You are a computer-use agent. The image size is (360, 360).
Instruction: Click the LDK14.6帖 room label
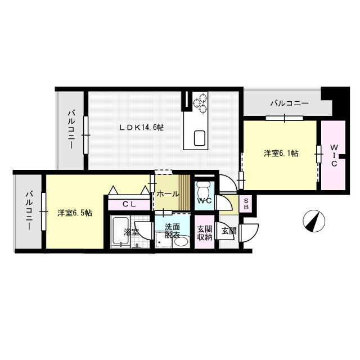[x=142, y=128]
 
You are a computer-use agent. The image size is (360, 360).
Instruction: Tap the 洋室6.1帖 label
[x=281, y=154]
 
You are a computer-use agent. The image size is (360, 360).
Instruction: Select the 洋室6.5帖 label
[x=75, y=213]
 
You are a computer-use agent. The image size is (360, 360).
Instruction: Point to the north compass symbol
[x=314, y=221]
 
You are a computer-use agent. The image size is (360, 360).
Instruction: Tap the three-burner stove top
[x=200, y=103]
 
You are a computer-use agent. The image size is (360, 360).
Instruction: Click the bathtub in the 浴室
[x=120, y=232]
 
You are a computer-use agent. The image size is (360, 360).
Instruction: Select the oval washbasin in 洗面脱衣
[x=181, y=241]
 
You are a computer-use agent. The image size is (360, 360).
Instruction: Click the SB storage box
[x=246, y=204]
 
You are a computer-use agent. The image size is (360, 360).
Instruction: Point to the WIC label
[x=334, y=155]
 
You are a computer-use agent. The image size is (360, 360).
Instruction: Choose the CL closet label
[x=129, y=204]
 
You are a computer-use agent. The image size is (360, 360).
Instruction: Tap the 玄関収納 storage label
[x=205, y=233]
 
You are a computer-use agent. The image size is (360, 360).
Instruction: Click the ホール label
[x=168, y=194]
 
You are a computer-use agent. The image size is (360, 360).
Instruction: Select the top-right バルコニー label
[x=289, y=103]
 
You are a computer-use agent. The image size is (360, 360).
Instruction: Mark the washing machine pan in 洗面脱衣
[x=164, y=240]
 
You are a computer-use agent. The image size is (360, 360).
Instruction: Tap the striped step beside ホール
[x=184, y=192]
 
